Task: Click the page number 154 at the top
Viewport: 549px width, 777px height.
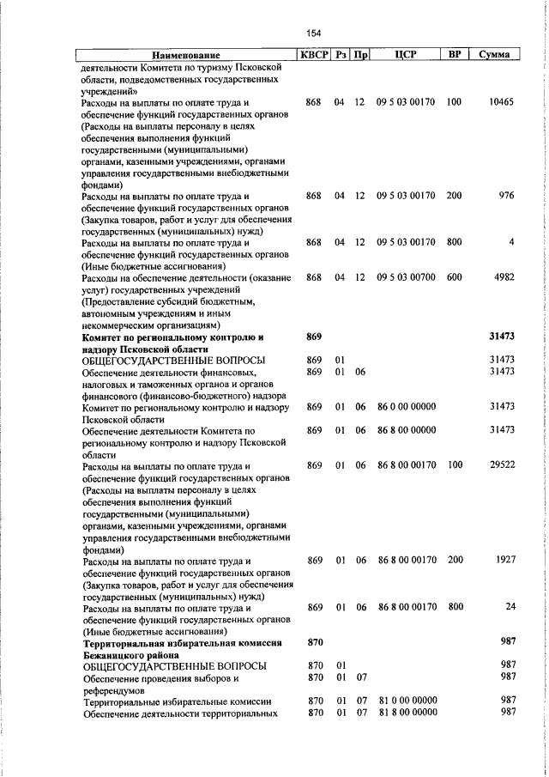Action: pyautogui.click(x=313, y=33)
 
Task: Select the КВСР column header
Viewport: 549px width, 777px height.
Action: pyautogui.click(x=312, y=55)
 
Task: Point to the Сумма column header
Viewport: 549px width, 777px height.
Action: pyautogui.click(x=495, y=55)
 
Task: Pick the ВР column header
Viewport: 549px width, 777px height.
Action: pyautogui.click(x=455, y=55)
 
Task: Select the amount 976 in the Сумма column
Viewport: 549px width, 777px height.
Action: pyautogui.click(x=506, y=196)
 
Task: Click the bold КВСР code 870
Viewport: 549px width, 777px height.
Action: pyautogui.click(x=314, y=642)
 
